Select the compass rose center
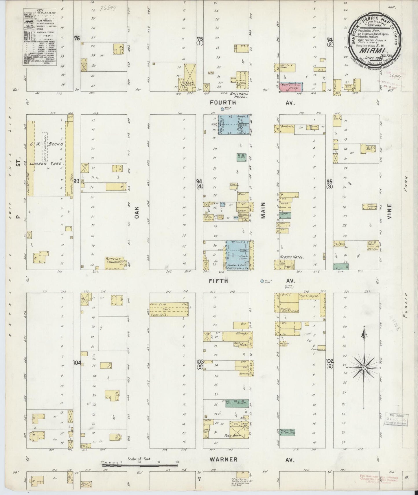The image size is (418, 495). coord(363,368)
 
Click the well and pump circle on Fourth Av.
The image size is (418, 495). coord(222,109)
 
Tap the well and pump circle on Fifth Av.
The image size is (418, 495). coord(262,281)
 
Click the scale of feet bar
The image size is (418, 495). coord(140,466)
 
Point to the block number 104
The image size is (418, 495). coord(77,363)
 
